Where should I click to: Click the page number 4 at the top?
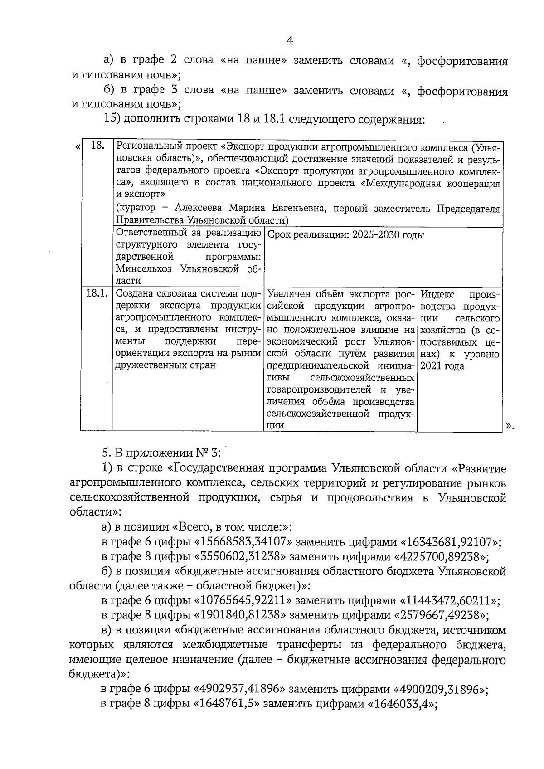point(290,41)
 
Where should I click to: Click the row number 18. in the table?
point(98,146)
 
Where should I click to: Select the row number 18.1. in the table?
point(97,293)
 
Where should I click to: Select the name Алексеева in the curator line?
point(198,209)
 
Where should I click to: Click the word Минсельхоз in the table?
point(145,269)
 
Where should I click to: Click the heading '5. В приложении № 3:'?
point(161,453)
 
